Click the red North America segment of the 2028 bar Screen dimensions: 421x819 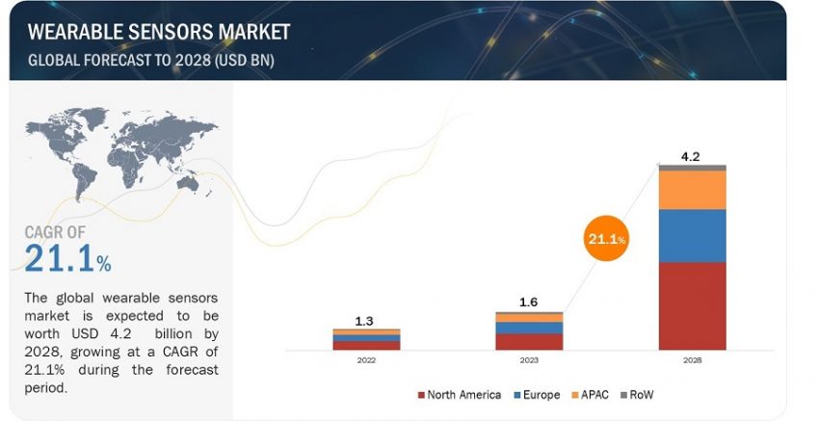click(x=692, y=305)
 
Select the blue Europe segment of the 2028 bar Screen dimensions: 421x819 click(x=692, y=236)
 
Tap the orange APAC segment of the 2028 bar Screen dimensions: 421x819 click(x=692, y=190)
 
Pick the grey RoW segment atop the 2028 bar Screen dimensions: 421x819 click(x=692, y=168)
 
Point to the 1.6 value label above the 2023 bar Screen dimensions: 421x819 click(x=529, y=302)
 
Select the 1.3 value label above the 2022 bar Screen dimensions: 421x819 click(x=366, y=320)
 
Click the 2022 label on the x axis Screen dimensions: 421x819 click(x=366, y=360)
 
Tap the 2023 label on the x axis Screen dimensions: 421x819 click(x=529, y=360)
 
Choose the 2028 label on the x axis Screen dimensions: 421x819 click(x=692, y=360)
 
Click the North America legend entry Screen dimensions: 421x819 click(x=460, y=394)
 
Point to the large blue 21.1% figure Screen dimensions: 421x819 click(x=67, y=258)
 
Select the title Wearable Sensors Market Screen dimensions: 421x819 click(x=158, y=32)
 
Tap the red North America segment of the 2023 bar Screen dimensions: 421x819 click(x=529, y=341)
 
